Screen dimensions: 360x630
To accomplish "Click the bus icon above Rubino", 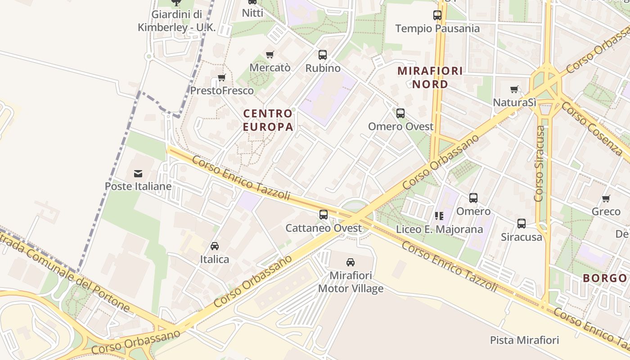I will coord(323,55).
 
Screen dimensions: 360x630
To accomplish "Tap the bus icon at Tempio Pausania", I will coord(437,15).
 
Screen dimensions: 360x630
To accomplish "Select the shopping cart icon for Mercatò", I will coord(270,54).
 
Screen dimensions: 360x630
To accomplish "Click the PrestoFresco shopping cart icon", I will coord(222,77).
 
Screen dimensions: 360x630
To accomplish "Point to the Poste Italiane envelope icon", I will coord(138,173).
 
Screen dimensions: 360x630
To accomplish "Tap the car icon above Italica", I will coord(215,246).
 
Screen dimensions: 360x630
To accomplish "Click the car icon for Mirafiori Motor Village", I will coord(351,262).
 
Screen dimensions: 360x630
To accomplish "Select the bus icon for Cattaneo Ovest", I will coord(324,215).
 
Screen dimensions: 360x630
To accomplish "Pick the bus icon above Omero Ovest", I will coord(400,113).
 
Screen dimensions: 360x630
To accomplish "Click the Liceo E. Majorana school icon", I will coord(439,216).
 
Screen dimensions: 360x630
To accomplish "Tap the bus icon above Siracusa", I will coord(522,223).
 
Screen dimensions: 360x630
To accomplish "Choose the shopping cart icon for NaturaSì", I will coord(514,89).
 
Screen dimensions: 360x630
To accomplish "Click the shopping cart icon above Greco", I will coord(606,198).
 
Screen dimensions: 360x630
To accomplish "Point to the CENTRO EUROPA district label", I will coord(268,120).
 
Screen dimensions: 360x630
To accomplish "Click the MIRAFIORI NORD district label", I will coord(430,77).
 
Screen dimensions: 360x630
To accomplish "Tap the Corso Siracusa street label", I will coord(540,163).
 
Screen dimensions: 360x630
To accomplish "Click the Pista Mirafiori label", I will coord(524,340).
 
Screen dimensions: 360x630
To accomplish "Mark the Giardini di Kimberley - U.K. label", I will coord(177,21).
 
